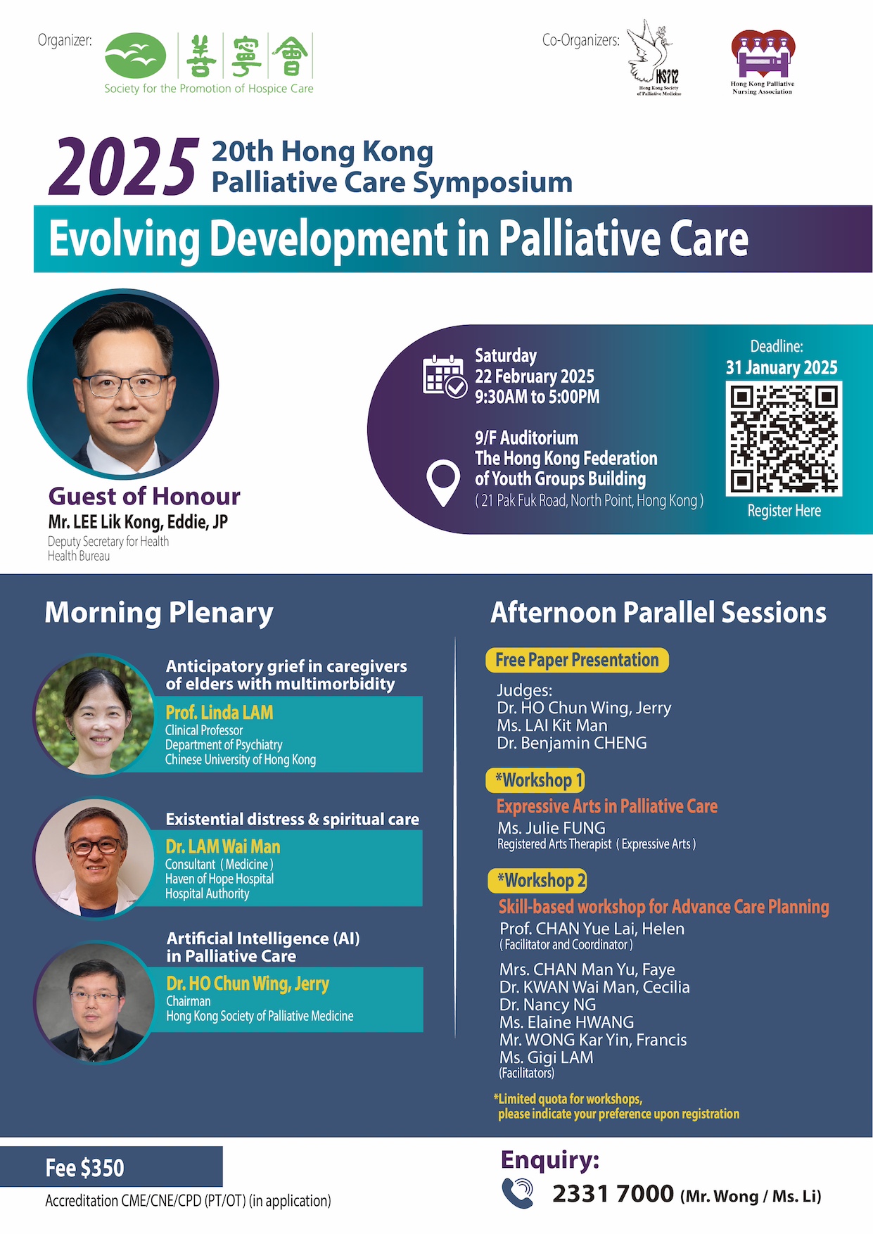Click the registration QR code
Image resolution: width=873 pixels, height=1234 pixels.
pos(784,439)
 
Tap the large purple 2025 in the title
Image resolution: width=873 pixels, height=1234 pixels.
pos(124,166)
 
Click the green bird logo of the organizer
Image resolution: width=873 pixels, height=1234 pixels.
pos(136,56)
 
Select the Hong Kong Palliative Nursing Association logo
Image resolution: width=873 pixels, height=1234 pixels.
pos(763,62)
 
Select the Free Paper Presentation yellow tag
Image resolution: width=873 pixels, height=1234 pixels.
pos(577,660)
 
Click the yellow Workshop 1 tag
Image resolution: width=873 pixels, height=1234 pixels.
pos(535,780)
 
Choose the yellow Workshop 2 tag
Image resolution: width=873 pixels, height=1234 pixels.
pos(537,880)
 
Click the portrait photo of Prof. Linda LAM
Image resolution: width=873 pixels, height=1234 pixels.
pos(95,715)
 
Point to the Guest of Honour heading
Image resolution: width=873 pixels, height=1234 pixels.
pos(144,496)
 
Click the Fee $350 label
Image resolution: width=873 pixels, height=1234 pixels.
pos(84,1168)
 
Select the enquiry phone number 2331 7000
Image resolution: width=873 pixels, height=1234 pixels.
pos(613,1193)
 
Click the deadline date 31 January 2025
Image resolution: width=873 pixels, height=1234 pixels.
pos(782,367)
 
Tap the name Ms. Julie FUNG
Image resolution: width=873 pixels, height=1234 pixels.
pos(552,828)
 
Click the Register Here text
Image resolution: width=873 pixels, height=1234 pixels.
pos(784,511)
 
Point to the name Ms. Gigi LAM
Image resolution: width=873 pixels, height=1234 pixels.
pos(547,1057)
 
